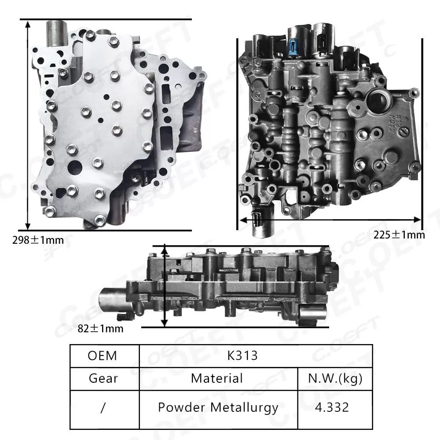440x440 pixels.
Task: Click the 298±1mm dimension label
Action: pyautogui.click(x=38, y=240)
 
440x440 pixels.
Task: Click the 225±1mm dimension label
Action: pyautogui.click(x=399, y=235)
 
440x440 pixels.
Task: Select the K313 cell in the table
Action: pyautogui.click(x=242, y=356)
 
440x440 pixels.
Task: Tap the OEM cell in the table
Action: pyautogui.click(x=103, y=356)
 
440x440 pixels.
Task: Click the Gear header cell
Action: pyautogui.click(x=103, y=378)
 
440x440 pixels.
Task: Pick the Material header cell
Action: pyautogui.click(x=217, y=378)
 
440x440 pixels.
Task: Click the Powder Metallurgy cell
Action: pyautogui.click(x=218, y=407)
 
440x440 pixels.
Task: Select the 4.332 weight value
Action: pyautogui.click(x=333, y=407)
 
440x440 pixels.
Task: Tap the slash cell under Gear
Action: pyautogui.click(x=103, y=408)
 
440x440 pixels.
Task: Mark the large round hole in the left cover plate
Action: pyautogui.click(x=75, y=168)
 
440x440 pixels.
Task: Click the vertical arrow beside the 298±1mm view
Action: pyautogui.click(x=28, y=125)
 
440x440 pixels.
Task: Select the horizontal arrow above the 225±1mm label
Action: pyautogui.click(x=330, y=219)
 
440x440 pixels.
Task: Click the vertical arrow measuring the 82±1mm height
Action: pyautogui.click(x=165, y=286)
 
